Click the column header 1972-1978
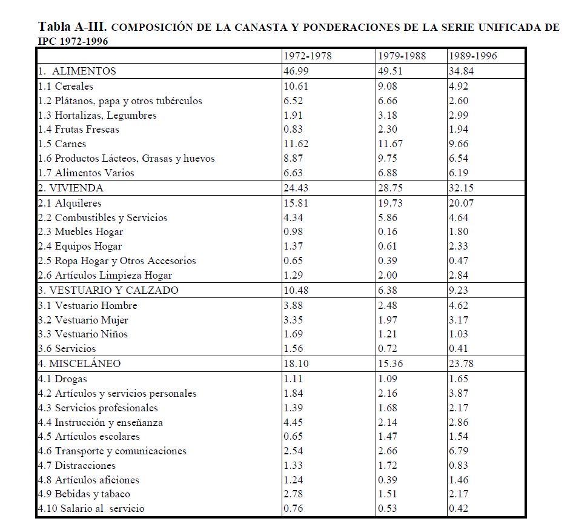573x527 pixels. pyautogui.click(x=307, y=56)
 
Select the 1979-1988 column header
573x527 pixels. pyautogui.click(x=402, y=56)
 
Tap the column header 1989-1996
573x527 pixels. pyautogui.click(x=472, y=56)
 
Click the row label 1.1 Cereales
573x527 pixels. pyautogui.click(x=65, y=86)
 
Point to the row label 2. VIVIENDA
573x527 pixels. pyautogui.click(x=70, y=188)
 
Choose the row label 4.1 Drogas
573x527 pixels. pyautogui.click(x=62, y=379)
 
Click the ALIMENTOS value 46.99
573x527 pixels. pyautogui.click(x=296, y=71)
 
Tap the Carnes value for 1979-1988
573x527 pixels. pyautogui.click(x=390, y=144)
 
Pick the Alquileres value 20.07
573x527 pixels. pyautogui.click(x=461, y=203)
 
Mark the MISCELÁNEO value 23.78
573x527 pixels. pyautogui.click(x=461, y=363)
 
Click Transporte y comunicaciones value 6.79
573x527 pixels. pyautogui.click(x=459, y=451)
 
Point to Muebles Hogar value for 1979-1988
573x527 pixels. pyautogui.click(x=388, y=231)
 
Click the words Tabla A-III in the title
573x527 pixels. pyautogui.click(x=73, y=27)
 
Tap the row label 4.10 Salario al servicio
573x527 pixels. pyautogui.click(x=91, y=509)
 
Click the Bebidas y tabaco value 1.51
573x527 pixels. pyautogui.click(x=388, y=494)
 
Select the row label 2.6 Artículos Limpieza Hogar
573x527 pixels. pyautogui.click(x=105, y=276)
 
